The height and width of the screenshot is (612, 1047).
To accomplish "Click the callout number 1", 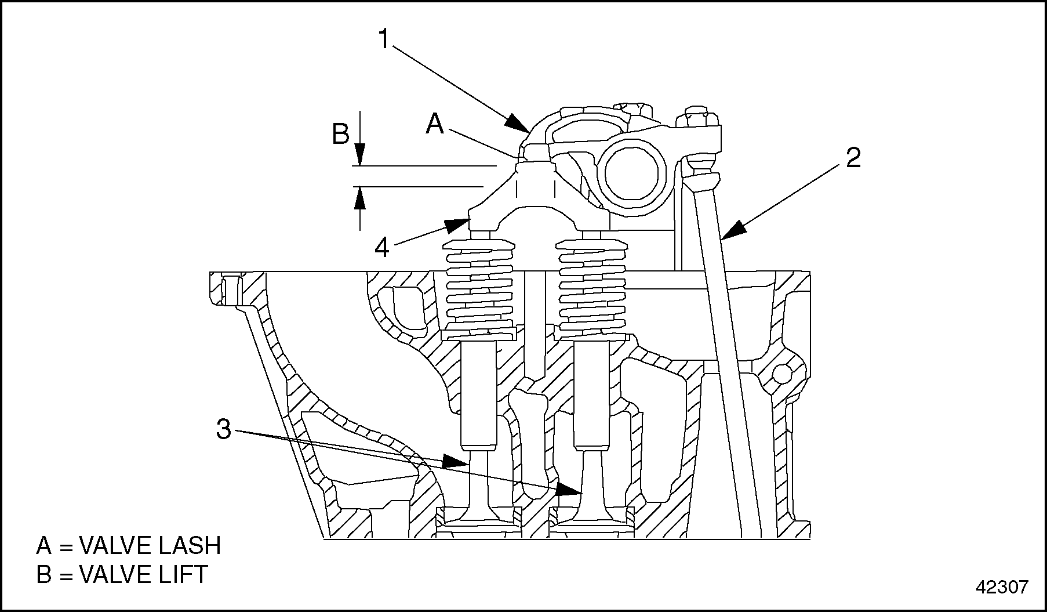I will click(x=383, y=38).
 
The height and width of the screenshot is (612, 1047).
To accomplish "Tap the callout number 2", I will click(x=853, y=158).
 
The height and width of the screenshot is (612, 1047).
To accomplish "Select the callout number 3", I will click(x=224, y=430).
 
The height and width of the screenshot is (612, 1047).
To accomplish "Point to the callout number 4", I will click(x=381, y=248).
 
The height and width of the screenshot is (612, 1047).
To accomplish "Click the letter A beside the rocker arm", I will click(x=435, y=124).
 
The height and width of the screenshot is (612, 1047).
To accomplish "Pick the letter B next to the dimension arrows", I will click(x=340, y=135).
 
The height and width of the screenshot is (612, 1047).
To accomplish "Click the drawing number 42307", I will click(x=1002, y=587).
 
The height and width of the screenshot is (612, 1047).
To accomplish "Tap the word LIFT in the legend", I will click(x=183, y=574).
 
